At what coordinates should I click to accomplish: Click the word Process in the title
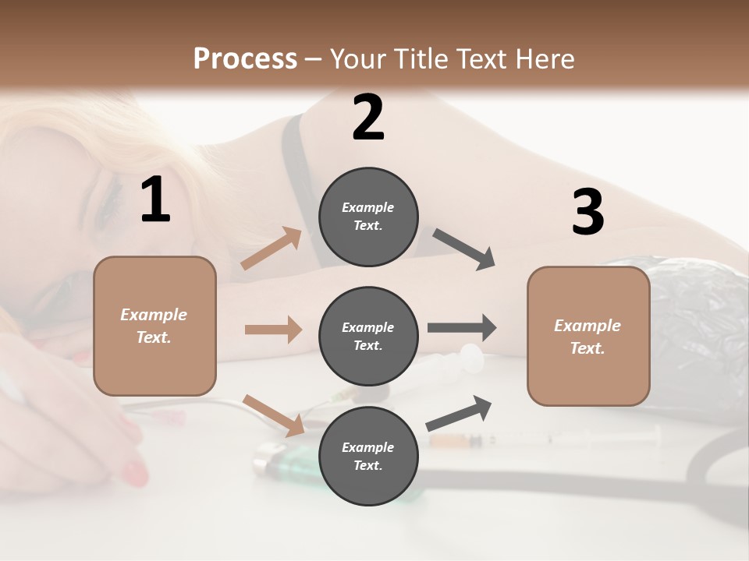245,58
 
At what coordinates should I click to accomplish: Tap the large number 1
155,200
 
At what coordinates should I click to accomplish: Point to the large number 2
368,118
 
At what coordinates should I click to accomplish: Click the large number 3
587,213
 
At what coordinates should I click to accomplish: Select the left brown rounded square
154,326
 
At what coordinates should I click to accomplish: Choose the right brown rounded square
588,336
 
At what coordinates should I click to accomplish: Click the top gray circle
368,216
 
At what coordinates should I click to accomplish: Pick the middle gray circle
368,336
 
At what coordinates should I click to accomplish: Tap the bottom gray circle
368,456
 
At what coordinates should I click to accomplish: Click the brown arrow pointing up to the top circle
272,249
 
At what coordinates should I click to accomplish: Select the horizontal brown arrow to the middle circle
273,330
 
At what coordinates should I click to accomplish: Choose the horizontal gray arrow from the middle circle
462,328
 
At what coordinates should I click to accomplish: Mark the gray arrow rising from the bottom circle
459,413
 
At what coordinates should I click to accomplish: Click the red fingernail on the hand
134,472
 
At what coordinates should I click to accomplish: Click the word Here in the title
545,59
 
